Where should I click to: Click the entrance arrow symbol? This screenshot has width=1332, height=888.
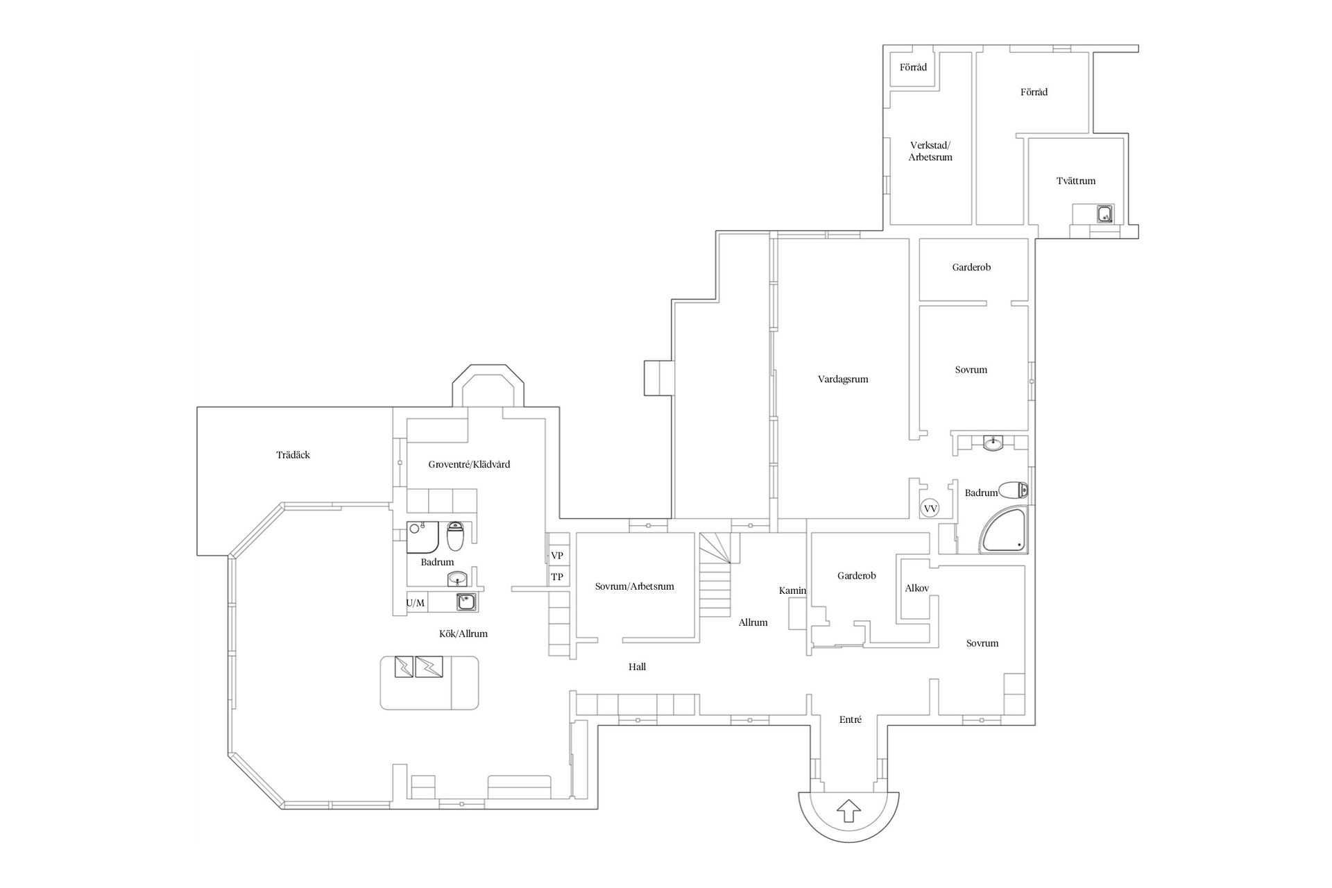click(x=849, y=810)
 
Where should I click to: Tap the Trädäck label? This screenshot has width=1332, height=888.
click(x=293, y=455)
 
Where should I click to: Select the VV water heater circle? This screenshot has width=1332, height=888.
click(x=930, y=509)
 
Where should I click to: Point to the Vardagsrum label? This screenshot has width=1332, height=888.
click(x=843, y=379)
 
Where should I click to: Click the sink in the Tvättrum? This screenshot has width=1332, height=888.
click(x=1105, y=214)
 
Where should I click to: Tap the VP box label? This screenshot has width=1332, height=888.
click(x=557, y=556)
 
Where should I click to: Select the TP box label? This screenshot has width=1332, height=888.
click(x=557, y=577)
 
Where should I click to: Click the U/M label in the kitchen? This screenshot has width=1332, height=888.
click(x=416, y=603)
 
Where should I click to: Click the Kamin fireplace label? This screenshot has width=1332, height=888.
click(x=792, y=591)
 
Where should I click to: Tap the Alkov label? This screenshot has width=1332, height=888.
click(x=916, y=588)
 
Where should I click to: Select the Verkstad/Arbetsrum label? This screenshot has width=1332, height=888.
click(x=930, y=151)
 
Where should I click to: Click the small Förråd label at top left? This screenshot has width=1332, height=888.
click(x=913, y=68)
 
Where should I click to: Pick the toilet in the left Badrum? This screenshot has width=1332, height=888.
click(x=455, y=536)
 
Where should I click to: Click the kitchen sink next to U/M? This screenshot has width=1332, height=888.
click(x=466, y=601)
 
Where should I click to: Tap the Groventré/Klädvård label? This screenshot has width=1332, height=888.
click(x=469, y=464)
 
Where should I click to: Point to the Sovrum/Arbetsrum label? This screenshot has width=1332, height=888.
click(x=634, y=586)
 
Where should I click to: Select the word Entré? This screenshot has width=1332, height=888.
click(x=850, y=719)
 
